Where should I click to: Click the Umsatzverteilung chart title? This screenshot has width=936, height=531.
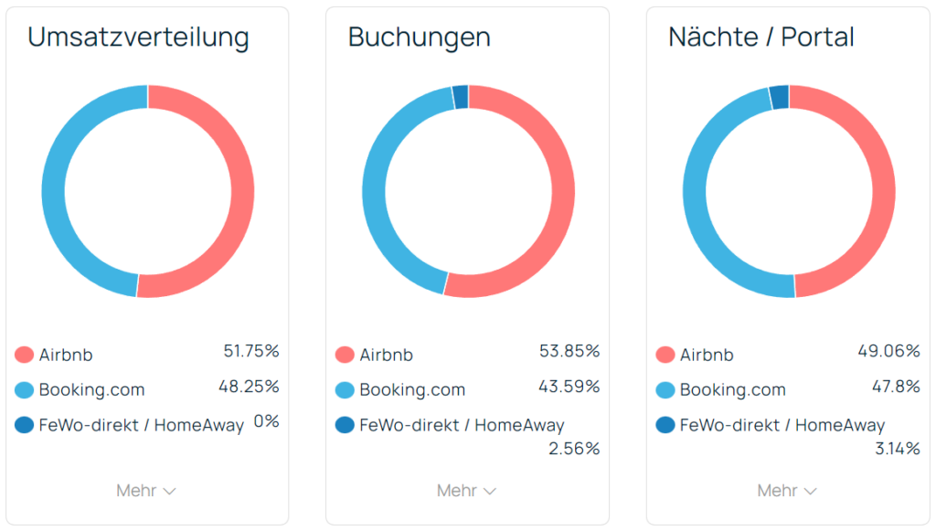pos(138,37)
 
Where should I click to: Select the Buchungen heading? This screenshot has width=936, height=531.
pos(419,37)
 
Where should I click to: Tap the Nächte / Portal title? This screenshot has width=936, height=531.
pos(761,37)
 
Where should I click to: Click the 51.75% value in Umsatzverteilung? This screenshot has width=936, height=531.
pos(251,351)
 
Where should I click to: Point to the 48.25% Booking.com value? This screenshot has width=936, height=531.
pos(249,386)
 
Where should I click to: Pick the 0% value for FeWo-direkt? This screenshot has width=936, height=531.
pos(266,421)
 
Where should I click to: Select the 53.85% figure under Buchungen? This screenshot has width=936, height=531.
pos(569,351)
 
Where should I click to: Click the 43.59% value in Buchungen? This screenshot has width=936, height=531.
pos(569,386)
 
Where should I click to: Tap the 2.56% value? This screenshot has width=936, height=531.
pos(574,449)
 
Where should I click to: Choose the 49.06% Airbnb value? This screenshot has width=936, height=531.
pos(889,351)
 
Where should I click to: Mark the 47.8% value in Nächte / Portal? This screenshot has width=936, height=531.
pos(895,386)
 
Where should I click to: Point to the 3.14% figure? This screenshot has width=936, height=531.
pos(897,449)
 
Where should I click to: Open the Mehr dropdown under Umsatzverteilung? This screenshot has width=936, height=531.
pos(146,491)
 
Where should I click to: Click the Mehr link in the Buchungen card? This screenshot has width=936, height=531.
pos(466,491)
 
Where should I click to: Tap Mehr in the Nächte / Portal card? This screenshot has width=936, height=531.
pos(787,491)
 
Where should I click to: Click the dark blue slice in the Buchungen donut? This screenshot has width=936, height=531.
pos(461,96)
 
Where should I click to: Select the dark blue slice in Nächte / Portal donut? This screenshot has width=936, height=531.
pos(779,96)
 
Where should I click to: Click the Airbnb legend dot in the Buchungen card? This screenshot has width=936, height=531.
pos(345,355)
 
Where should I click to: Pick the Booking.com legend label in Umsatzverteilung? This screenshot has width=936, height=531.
pos(91,390)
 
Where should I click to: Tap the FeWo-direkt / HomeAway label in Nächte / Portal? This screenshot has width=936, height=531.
pos(782,425)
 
